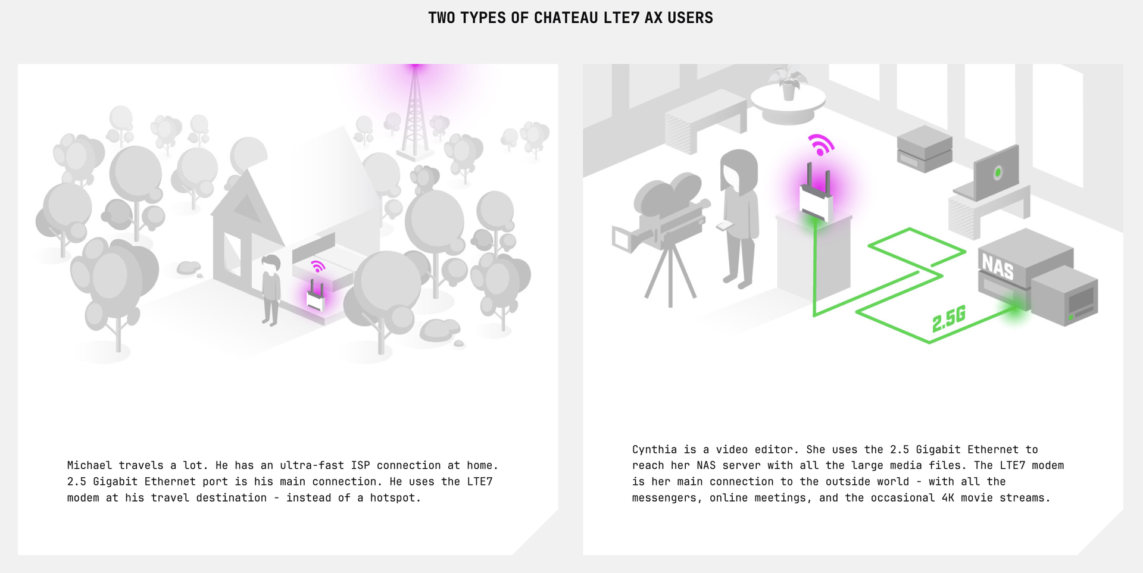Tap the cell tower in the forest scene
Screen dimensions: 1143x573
pos(416,113)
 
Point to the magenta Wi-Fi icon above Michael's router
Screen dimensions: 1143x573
pos(318,266)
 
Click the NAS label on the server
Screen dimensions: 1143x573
pos(997,266)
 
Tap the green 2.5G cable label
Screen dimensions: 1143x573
pos(949,319)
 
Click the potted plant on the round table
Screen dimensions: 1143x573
pos(788,83)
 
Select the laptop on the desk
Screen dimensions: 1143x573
pos(988,175)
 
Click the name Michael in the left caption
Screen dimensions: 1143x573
pos(89,465)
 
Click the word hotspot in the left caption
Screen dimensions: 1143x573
pos(395,497)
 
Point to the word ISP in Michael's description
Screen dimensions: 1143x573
pos(360,465)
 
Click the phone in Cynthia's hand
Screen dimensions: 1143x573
pos(724,226)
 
